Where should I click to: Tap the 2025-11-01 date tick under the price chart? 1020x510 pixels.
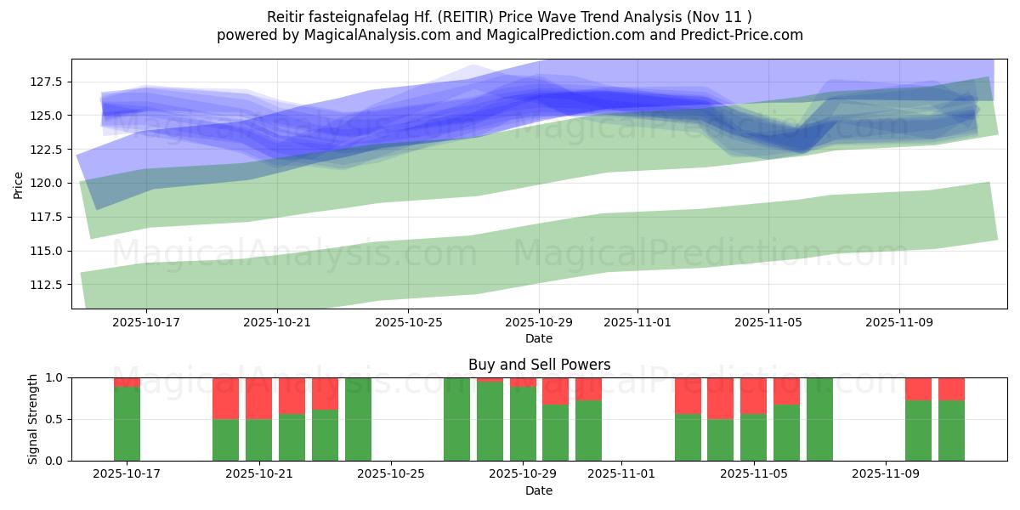pos(637,323)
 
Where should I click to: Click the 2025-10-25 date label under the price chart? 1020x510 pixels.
pos(408,323)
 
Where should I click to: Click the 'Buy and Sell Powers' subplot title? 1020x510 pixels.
pos(539,365)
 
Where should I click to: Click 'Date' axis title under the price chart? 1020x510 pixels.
pos(539,338)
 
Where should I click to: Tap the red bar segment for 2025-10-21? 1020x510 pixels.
pos(258,398)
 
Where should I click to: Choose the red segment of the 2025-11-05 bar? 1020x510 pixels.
pos(753,395)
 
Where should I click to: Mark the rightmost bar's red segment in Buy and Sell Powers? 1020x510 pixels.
pos(951,388)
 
